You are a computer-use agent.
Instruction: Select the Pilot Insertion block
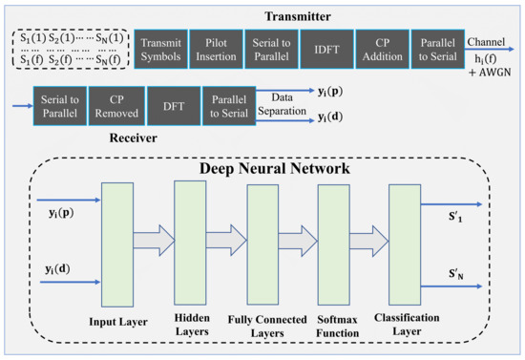coord(216,46)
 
